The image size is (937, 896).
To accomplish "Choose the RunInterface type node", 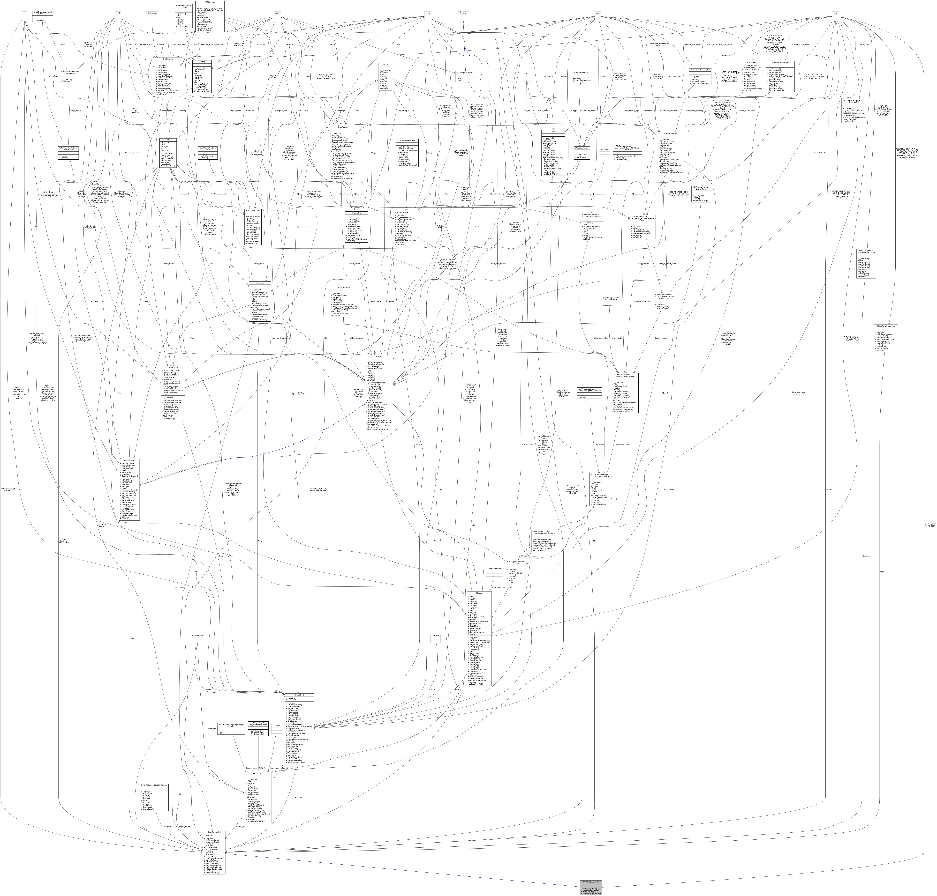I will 152,13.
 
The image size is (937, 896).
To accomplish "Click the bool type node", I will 118,13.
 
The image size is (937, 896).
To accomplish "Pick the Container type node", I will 462,13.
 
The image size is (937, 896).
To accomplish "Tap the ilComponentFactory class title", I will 581,73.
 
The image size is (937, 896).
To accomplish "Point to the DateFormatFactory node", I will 494,569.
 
